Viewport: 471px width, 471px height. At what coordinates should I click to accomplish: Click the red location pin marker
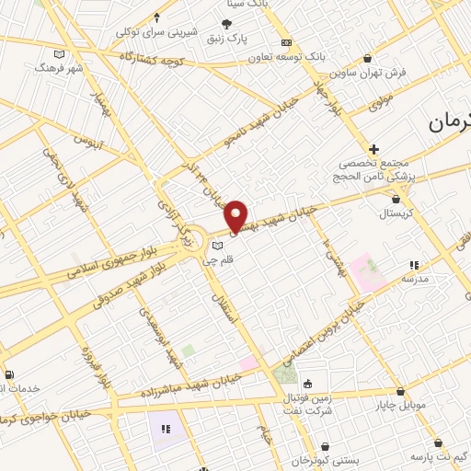point(236,215)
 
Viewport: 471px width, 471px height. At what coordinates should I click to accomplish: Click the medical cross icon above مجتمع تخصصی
point(373,149)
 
